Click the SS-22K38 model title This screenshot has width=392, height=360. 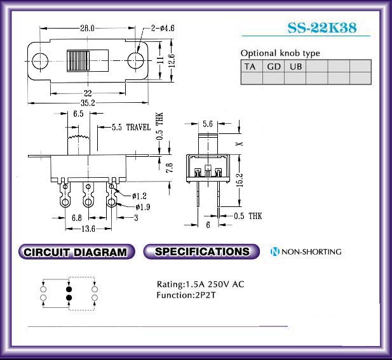click(x=322, y=28)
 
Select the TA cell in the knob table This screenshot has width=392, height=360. click(x=252, y=67)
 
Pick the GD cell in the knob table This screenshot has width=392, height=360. click(x=273, y=67)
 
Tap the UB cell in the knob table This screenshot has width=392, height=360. click(x=295, y=67)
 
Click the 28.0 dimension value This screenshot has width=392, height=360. click(x=87, y=28)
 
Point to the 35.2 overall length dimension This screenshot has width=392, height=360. click(x=88, y=103)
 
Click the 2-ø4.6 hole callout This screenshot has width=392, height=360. click(x=163, y=28)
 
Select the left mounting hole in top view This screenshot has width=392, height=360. click(x=40, y=61)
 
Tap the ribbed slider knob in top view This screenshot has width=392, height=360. click(x=78, y=61)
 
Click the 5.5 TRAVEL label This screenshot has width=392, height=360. click(x=132, y=127)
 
